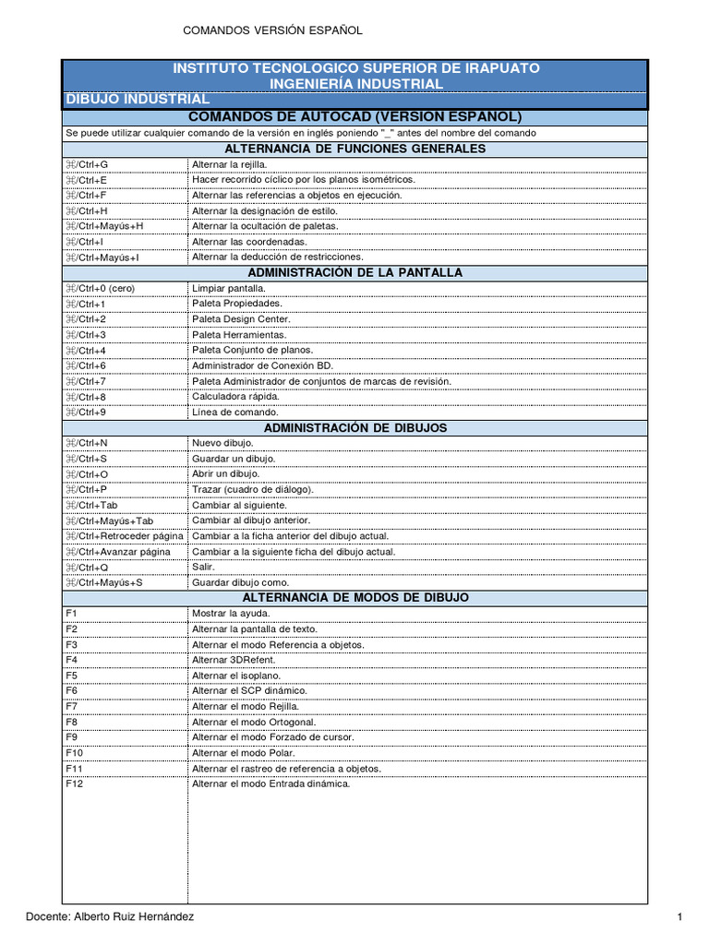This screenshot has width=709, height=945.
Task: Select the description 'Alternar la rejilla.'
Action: click(228, 164)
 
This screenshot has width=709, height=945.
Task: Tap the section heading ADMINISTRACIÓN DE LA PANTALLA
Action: click(355, 272)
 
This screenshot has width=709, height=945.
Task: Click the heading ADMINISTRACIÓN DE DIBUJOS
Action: click(355, 427)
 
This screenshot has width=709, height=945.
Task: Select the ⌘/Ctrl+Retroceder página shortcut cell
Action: click(124, 536)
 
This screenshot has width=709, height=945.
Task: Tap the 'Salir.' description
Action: click(204, 568)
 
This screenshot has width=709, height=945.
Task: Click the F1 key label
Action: click(71, 613)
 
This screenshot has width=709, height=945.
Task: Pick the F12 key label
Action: click(74, 784)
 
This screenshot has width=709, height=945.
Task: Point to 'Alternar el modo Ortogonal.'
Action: click(254, 722)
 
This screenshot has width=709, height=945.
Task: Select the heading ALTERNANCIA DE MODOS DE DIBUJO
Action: click(355, 597)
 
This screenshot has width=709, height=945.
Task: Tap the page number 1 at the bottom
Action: click(679, 916)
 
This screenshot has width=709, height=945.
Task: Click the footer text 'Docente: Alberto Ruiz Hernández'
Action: click(110, 916)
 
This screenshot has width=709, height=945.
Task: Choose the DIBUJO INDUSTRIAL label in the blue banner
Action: click(137, 99)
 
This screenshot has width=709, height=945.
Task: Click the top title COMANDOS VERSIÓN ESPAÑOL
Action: click(272, 30)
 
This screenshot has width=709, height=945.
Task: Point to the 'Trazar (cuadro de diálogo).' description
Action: click(252, 489)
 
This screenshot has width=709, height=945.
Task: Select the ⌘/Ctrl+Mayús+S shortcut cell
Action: click(103, 583)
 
